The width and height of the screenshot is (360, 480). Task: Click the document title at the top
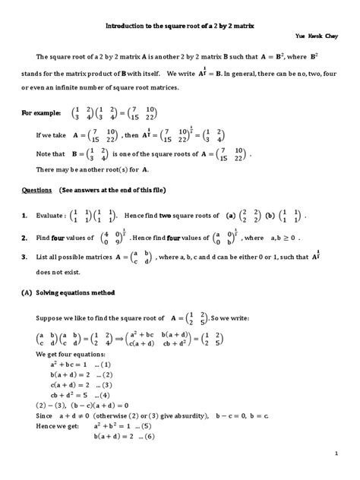click(x=179, y=25)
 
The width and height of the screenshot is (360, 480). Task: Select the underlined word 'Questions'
click(x=36, y=189)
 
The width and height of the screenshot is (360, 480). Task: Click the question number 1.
click(x=24, y=216)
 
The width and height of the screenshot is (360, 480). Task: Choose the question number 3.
click(x=24, y=258)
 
